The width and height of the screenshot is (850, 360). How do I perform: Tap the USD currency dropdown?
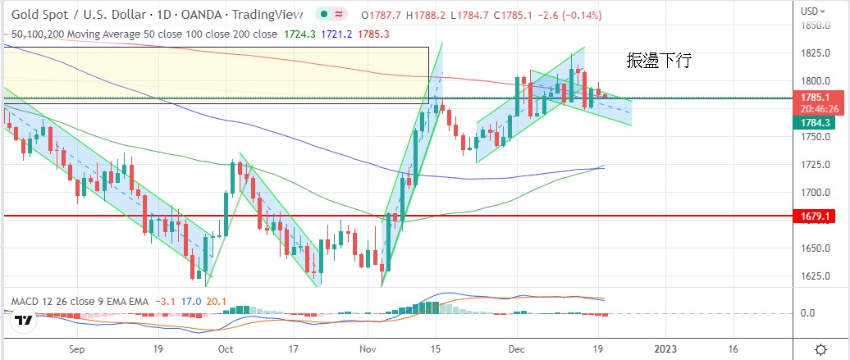pos(813,11)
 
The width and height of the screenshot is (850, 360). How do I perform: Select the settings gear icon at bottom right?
pos(820,349)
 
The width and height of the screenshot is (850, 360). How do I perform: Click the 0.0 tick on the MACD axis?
pos(807,313)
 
